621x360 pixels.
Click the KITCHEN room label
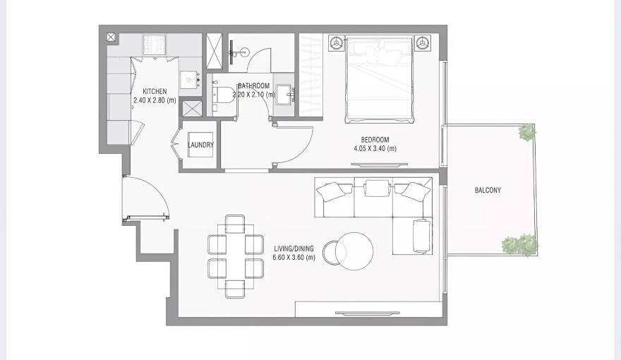pyautogui.click(x=155, y=92)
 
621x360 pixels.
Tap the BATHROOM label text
pyautogui.click(x=253, y=86)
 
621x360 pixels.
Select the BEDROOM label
pyautogui.click(x=375, y=140)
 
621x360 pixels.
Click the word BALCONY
pyautogui.click(x=488, y=191)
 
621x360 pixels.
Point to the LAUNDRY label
pyautogui.click(x=201, y=145)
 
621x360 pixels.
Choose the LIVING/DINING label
pyautogui.click(x=294, y=249)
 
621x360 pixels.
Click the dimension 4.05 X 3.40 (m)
pyautogui.click(x=375, y=149)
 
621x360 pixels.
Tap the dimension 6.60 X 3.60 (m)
pyautogui.click(x=294, y=258)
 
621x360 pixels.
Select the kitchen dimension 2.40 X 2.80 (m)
pyautogui.click(x=155, y=101)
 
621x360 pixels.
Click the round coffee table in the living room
pyautogui.click(x=354, y=250)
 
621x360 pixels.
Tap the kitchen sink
pyautogui.click(x=188, y=81)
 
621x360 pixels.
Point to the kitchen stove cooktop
pyautogui.click(x=155, y=44)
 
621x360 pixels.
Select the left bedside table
pyautogui.click(x=334, y=43)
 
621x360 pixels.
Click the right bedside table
pyautogui.click(x=422, y=43)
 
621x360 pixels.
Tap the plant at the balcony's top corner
pyautogui.click(x=526, y=132)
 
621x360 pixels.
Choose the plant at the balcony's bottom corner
pyautogui.click(x=519, y=244)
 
